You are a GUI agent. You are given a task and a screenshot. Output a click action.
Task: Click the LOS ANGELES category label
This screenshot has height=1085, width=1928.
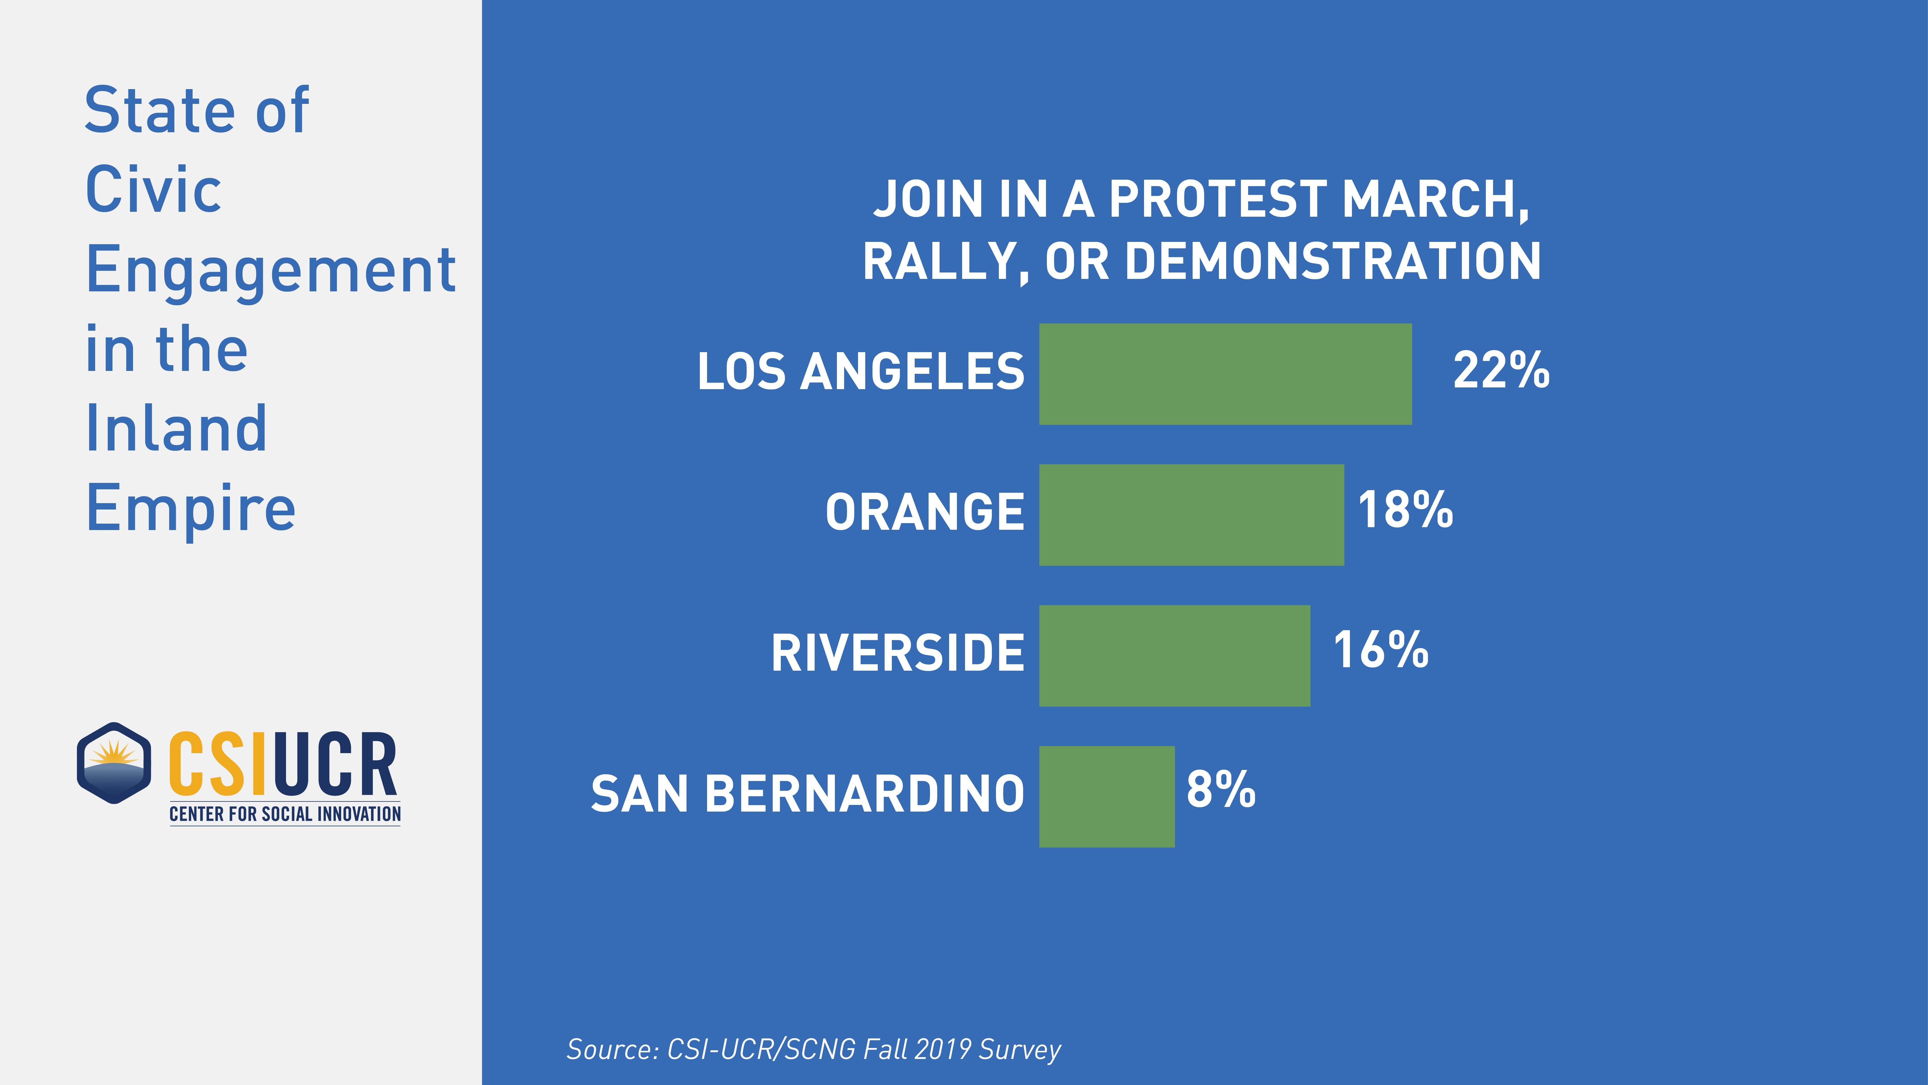coord(861,372)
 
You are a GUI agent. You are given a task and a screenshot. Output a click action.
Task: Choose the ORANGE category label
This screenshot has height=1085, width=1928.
coord(925,513)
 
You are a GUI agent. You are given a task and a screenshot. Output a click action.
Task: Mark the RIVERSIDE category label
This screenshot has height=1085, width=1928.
coord(897,654)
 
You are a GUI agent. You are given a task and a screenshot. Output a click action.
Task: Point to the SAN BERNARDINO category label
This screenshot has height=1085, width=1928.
coord(808,795)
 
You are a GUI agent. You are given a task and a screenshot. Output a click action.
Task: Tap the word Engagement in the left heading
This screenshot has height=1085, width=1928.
coord(271,271)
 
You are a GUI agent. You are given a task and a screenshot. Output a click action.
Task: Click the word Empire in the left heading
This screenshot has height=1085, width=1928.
coord(191,509)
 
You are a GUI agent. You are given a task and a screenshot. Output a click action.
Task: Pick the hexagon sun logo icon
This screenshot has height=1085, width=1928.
coord(114,763)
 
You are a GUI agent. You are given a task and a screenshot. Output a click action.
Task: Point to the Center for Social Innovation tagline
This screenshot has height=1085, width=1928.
coord(285,814)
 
